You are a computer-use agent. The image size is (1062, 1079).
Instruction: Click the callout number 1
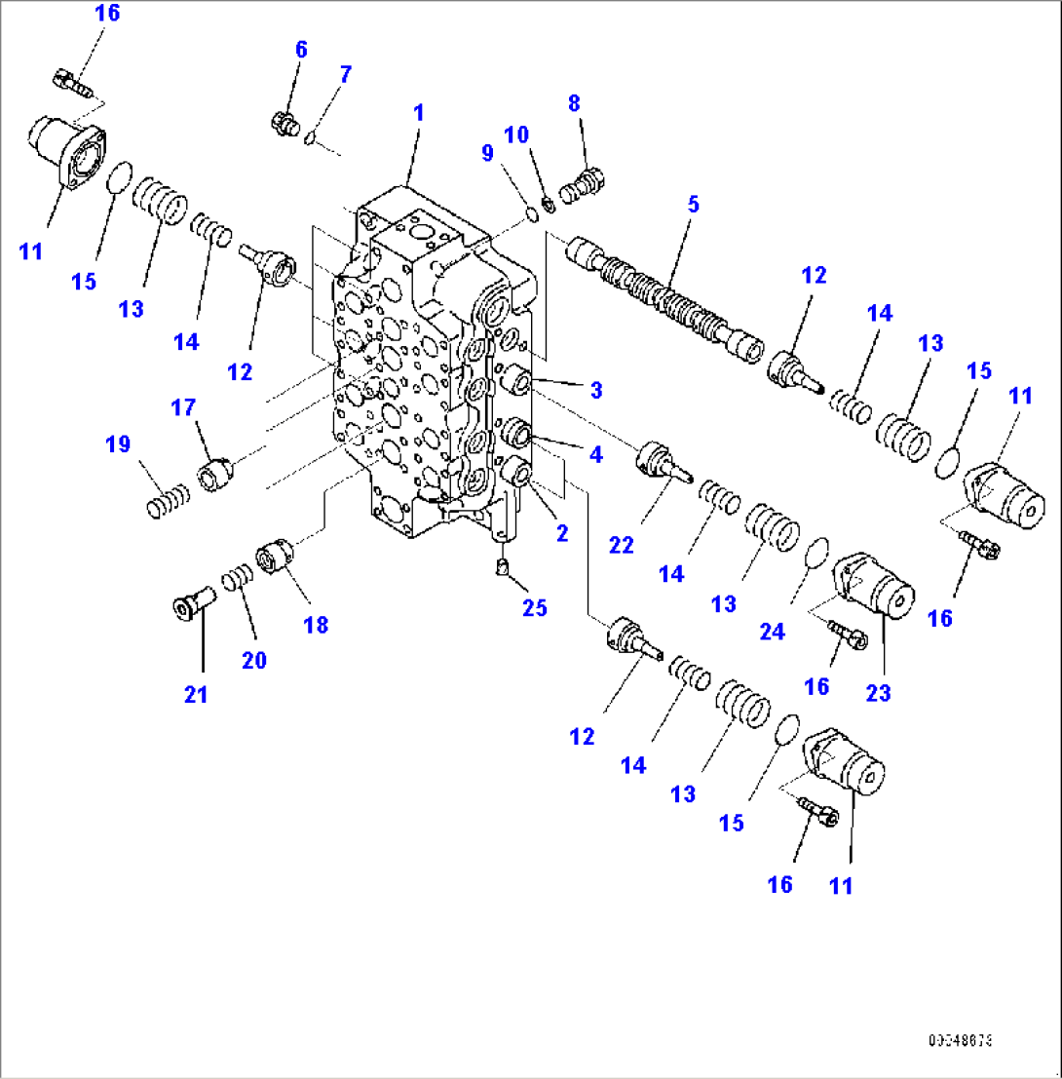coord(418,113)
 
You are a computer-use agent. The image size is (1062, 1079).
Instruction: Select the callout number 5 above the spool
coord(693,205)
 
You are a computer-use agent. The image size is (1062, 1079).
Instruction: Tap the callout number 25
coord(533,607)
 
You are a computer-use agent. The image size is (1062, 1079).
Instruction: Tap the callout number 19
coord(118,445)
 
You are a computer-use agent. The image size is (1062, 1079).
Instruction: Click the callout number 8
coord(573,103)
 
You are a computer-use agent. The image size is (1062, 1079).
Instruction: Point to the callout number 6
coord(301,50)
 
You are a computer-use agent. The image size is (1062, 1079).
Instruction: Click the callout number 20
coord(254,660)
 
